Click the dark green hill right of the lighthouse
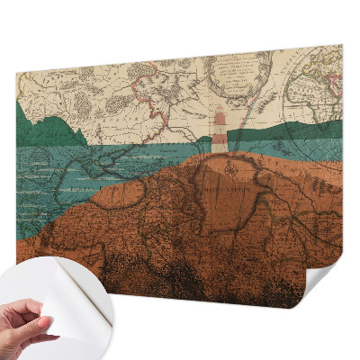[297, 130]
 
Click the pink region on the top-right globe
[334, 85]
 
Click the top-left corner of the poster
[17, 76]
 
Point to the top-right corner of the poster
[341, 46]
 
